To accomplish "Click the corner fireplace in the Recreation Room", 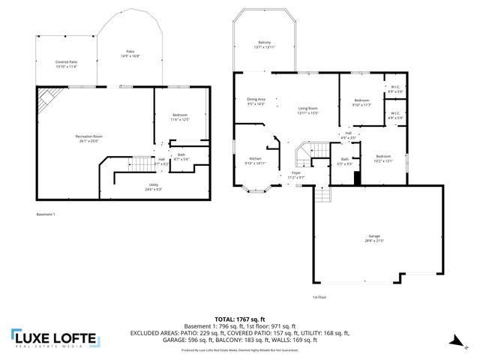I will tap(47, 96).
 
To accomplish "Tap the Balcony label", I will tap(265, 44).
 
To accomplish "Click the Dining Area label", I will tap(256, 101).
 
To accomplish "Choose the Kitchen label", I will tap(256, 160).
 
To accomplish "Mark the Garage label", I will tap(373, 238).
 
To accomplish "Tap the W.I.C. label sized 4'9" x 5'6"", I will tap(395, 89).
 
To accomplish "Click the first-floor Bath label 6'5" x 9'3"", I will tap(345, 161).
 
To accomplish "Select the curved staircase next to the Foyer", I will tap(304, 153).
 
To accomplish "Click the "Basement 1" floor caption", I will tap(46, 214).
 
